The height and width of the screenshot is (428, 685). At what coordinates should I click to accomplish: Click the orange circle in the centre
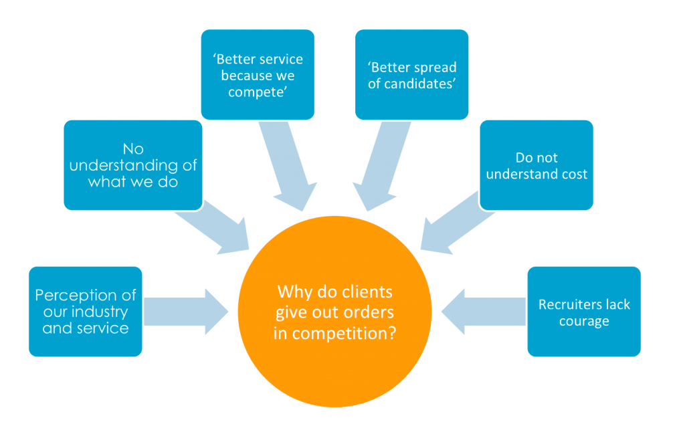(334, 312)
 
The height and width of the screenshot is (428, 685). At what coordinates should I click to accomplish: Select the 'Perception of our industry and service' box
(86, 312)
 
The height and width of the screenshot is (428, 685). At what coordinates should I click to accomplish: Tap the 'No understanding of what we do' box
(133, 165)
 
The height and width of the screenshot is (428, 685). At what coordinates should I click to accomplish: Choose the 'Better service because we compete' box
(258, 75)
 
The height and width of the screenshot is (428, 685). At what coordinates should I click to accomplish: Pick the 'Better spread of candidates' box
(412, 75)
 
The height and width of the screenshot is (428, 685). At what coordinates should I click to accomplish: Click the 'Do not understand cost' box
(536, 165)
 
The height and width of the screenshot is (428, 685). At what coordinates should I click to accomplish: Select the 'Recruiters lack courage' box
(584, 312)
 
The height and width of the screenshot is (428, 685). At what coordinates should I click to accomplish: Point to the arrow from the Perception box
(186, 312)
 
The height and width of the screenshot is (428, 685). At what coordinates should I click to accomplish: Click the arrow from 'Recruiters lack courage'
(484, 312)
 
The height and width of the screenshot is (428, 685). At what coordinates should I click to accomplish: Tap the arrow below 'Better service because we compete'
(289, 167)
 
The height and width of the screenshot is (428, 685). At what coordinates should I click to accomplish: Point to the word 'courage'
(584, 322)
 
